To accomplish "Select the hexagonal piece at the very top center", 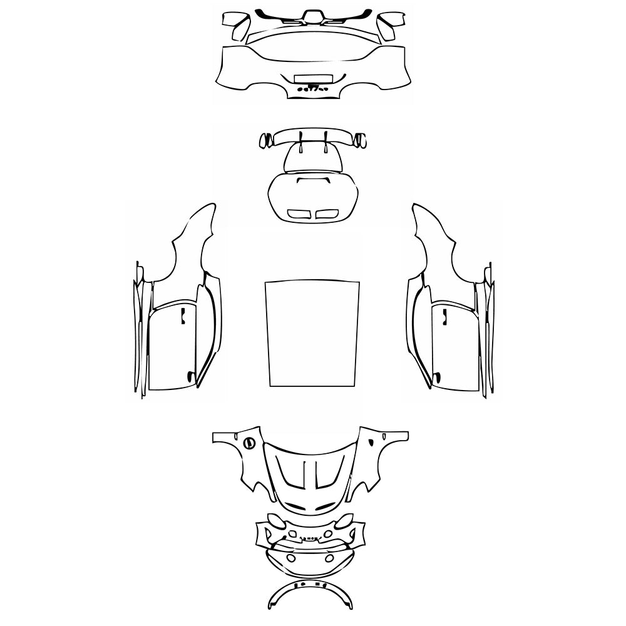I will pos(311,15).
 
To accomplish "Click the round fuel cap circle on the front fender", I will pos(249,443).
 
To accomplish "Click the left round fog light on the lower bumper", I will pos(290,558).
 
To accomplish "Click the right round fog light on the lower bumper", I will pos(329,558).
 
